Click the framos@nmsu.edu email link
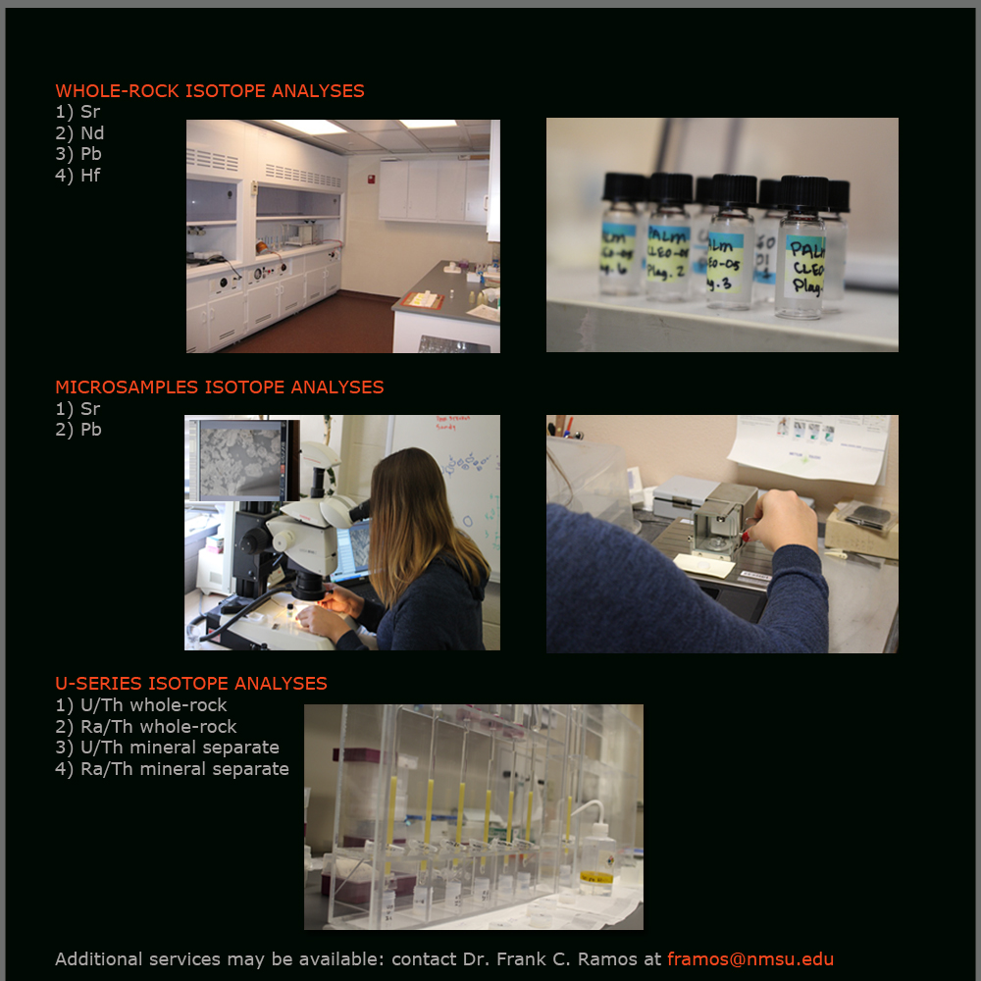[750, 959]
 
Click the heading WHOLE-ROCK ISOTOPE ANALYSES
[209, 91]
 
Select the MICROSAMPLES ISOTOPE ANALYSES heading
[219, 387]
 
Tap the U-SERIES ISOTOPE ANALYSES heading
[190, 684]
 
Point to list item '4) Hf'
[77, 176]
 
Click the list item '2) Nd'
[79, 133]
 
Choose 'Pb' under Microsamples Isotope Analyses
[78, 430]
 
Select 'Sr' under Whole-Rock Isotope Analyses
[77, 112]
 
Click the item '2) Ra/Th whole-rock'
[145, 727]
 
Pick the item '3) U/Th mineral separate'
[167, 748]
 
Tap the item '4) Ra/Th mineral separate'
[172, 769]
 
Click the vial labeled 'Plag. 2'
[669, 245]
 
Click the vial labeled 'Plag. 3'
[731, 250]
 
